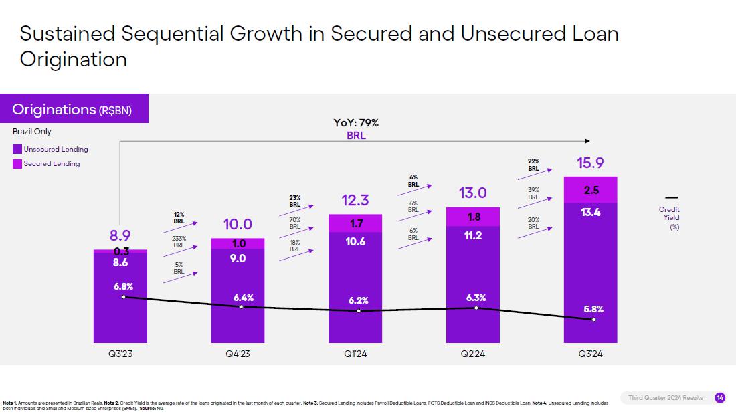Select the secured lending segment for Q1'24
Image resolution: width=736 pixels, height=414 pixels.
pos(355,223)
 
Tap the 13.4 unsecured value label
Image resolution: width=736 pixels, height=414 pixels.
pos(591,213)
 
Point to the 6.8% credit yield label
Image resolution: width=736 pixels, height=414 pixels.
pos(122,286)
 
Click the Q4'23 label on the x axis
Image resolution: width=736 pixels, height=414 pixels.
pos(238,354)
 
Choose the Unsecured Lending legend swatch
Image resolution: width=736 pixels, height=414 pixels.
pos(17,149)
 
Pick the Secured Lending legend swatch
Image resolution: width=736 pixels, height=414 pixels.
pos(17,163)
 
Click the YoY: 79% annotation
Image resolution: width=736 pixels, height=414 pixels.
pos(356,123)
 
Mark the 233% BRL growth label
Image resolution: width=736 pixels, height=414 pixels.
pos(179,241)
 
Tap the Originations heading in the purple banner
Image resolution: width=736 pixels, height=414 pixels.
pos(55,110)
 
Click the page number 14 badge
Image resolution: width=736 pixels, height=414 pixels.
pos(720,398)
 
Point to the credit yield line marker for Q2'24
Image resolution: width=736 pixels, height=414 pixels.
pos(476,308)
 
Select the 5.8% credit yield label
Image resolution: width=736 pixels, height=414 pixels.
pos(593,309)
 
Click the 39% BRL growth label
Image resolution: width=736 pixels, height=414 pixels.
pos(533,193)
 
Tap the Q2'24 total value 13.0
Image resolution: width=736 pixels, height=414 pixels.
pos(473,193)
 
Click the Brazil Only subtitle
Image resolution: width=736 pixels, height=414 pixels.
pos(32,132)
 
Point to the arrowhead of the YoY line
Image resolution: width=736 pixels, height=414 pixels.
pos(587,141)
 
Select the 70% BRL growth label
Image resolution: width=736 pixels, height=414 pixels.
pos(295,223)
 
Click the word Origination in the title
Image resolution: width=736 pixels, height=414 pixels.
pos(74,59)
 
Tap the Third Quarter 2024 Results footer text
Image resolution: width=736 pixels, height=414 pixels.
pos(665,398)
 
